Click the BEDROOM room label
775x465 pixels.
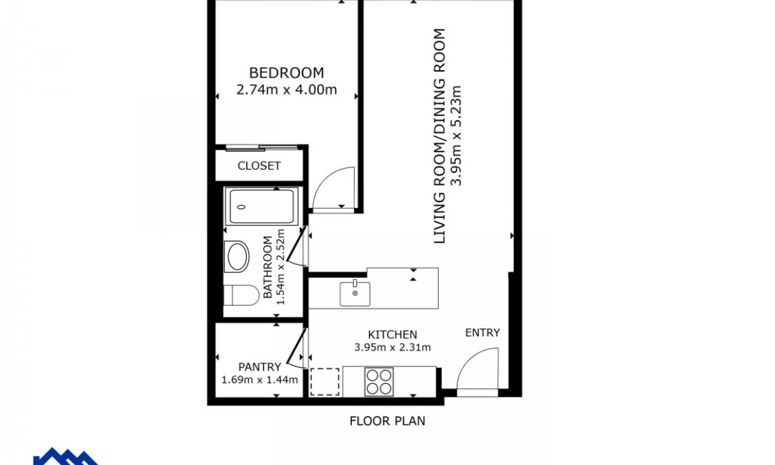pos(286,73)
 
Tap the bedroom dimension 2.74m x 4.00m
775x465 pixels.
pos(286,89)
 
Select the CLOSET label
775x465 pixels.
pos(259,166)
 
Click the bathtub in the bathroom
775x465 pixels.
pos(261,206)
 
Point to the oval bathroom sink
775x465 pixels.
pos(238,257)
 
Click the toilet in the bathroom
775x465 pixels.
pos(241,296)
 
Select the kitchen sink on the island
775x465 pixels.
pos(355,294)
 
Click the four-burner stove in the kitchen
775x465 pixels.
pos(379,382)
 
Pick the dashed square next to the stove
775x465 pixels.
pos(325,382)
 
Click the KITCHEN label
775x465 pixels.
pos(392,335)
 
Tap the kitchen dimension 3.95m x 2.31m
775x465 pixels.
pos(392,347)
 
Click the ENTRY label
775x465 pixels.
pos(482,333)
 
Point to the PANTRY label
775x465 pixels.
pos(259,367)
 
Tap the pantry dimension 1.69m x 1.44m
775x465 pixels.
pos(259,379)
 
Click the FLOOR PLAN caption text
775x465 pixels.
pos(387,421)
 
